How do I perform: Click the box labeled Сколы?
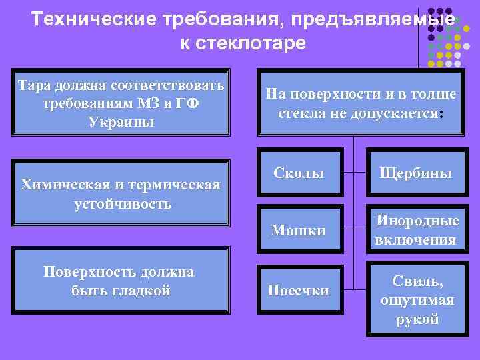click(x=298, y=173)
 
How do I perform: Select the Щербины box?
click(x=415, y=173)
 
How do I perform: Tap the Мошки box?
click(x=298, y=231)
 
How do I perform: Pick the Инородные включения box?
click(x=415, y=230)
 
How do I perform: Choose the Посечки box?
click(x=298, y=290)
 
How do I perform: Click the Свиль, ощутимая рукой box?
click(x=417, y=300)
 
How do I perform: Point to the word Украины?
click(x=120, y=123)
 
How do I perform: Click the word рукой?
click(x=417, y=319)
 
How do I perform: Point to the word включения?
click(x=415, y=240)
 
